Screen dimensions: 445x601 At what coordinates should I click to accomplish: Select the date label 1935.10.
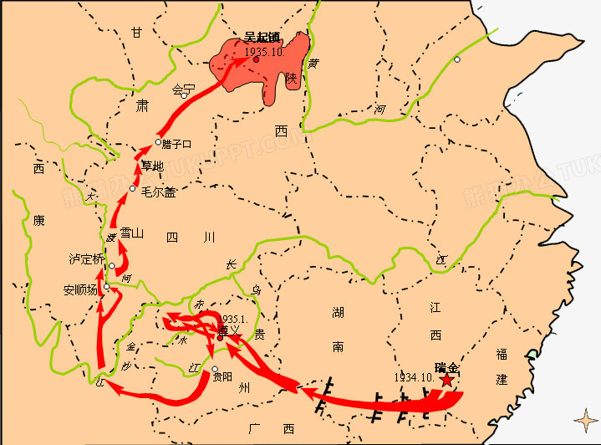266,52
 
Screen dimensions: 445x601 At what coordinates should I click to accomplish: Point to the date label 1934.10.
413,377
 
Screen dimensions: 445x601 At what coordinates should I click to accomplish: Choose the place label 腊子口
177,144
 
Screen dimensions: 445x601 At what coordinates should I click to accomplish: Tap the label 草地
153,165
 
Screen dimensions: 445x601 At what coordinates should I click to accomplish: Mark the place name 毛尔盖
159,192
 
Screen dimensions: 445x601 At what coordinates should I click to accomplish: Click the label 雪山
132,233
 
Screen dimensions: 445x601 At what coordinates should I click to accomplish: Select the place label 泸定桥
86,259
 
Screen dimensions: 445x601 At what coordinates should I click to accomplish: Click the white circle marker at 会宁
184,95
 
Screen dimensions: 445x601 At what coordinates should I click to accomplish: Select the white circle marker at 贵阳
215,369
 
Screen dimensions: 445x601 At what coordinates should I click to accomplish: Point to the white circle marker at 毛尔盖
133,189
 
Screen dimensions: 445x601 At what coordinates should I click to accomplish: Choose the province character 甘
136,33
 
